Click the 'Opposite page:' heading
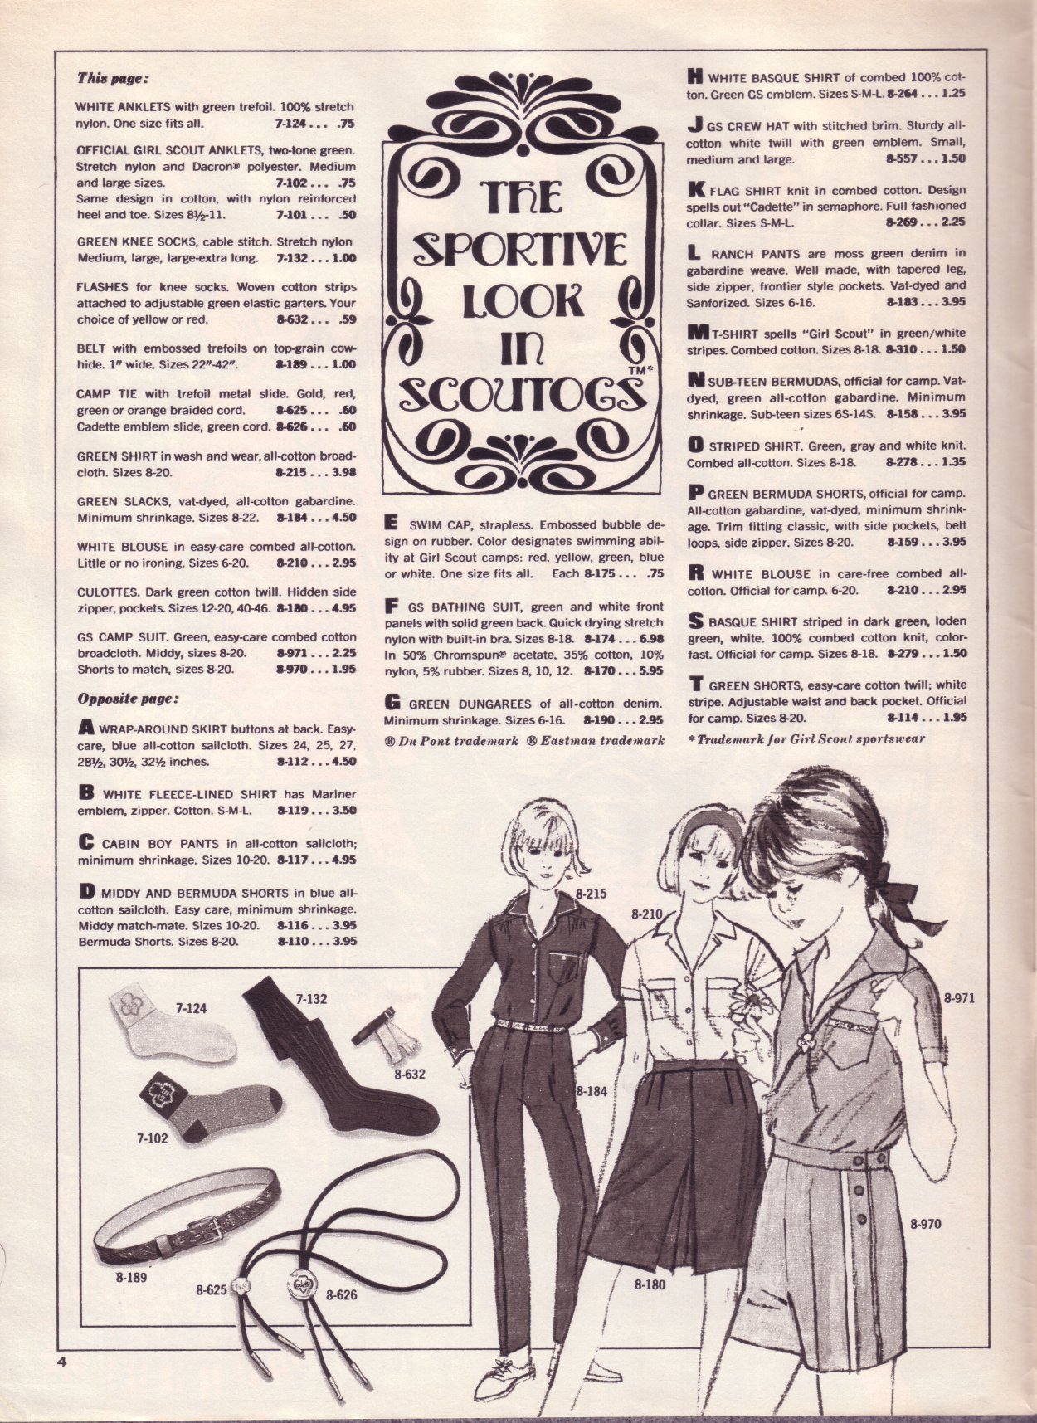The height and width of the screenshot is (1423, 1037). coord(128,698)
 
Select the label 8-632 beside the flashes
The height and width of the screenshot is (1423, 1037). coord(410,1074)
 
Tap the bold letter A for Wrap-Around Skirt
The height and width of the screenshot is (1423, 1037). coord(85,728)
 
